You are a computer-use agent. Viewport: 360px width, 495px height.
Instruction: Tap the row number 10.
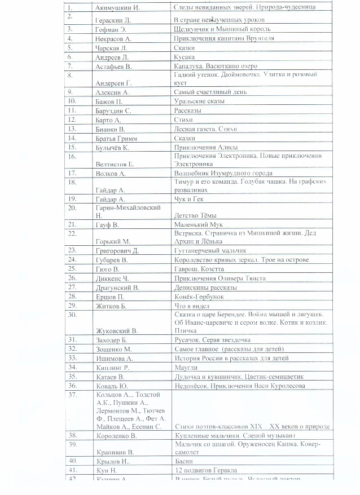(x=72, y=101)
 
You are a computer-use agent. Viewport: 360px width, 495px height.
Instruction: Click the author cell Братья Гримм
(x=117, y=138)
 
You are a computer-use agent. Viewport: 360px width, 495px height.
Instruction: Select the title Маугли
(x=186, y=368)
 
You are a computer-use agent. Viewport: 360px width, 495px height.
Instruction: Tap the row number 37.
(x=72, y=395)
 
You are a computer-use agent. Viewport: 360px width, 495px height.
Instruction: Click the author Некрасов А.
(x=113, y=38)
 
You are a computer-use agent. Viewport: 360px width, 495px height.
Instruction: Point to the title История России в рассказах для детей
(x=232, y=358)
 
